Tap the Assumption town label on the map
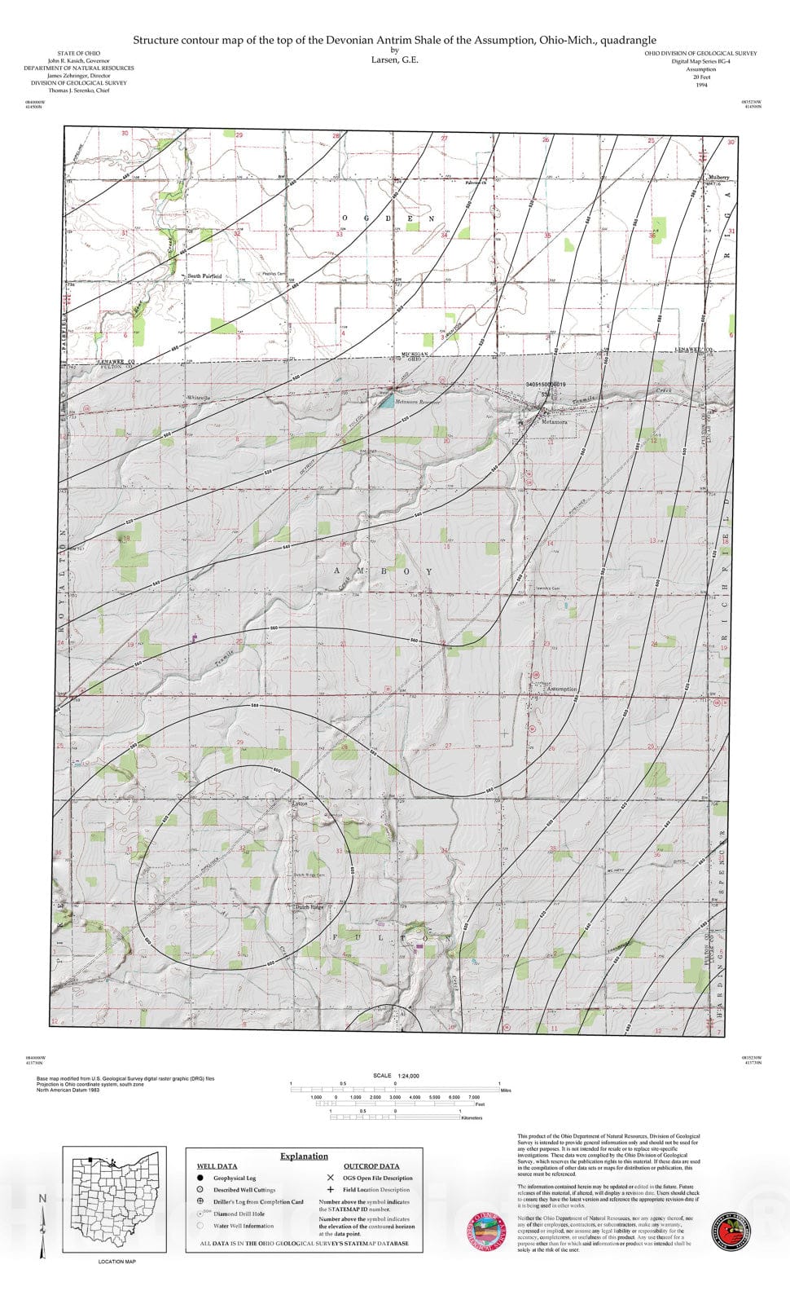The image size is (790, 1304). [561, 689]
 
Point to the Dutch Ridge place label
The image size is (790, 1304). [309, 906]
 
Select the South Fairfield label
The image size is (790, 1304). [204, 276]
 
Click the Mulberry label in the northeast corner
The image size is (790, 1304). [718, 177]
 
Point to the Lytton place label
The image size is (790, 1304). [300, 804]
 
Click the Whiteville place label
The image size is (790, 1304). [199, 397]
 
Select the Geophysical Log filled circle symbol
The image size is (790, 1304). [200, 1178]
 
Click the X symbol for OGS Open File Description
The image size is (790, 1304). [330, 1178]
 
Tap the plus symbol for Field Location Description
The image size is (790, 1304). [330, 1190]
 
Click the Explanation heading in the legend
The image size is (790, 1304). [304, 1156]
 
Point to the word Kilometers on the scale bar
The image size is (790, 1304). [472, 1118]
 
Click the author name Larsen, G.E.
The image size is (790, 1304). [395, 59]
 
